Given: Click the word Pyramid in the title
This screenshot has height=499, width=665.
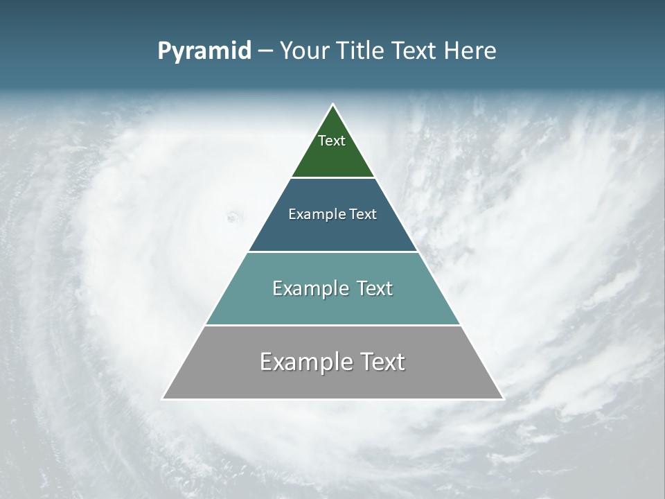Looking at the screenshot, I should (x=204, y=51).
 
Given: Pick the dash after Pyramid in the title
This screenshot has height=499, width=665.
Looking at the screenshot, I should (x=265, y=51).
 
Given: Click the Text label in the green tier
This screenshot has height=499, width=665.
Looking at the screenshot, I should (x=332, y=141).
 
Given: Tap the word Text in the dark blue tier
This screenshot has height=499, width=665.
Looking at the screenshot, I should (x=364, y=214).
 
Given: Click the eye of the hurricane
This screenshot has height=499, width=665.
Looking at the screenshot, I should (x=233, y=218).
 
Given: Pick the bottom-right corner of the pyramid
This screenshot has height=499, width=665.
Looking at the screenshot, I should (x=503, y=399).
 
